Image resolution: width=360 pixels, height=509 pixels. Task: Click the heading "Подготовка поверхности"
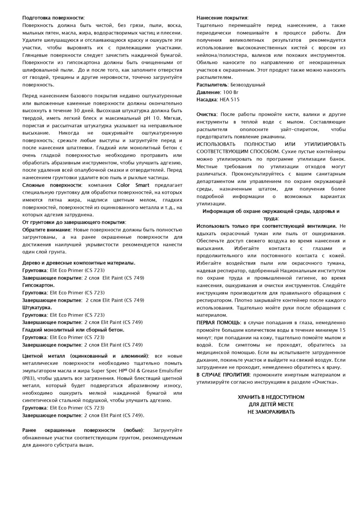point(53,18)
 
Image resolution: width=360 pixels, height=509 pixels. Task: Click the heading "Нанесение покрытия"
point(222,18)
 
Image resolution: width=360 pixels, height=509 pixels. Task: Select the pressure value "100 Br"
point(230,92)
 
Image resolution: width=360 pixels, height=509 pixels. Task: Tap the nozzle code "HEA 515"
point(229,100)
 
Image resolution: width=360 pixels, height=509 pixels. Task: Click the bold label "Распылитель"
point(212,85)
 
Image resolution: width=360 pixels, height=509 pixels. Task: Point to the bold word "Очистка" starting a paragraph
point(206,115)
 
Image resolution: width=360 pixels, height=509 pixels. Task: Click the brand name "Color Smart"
point(133,185)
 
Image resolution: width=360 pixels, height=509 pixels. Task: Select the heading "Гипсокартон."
point(38,285)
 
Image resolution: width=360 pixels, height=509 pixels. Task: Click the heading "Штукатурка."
point(37,307)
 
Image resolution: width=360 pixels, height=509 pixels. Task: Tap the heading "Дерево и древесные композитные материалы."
point(79,263)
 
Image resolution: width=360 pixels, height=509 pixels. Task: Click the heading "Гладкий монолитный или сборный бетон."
point(73,330)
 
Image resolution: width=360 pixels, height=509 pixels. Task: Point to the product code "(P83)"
point(28,379)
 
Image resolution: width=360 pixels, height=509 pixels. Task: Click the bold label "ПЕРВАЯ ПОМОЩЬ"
point(218,323)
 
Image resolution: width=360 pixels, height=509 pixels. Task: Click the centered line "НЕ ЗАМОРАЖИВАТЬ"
point(271,412)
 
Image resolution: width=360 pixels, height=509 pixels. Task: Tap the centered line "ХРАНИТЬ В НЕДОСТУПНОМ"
point(271,397)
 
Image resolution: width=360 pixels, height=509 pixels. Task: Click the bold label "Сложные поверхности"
point(52,185)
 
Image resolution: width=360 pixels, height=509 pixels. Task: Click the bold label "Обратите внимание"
point(46,230)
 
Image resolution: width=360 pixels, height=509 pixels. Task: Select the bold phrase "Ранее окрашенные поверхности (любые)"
point(82,430)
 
